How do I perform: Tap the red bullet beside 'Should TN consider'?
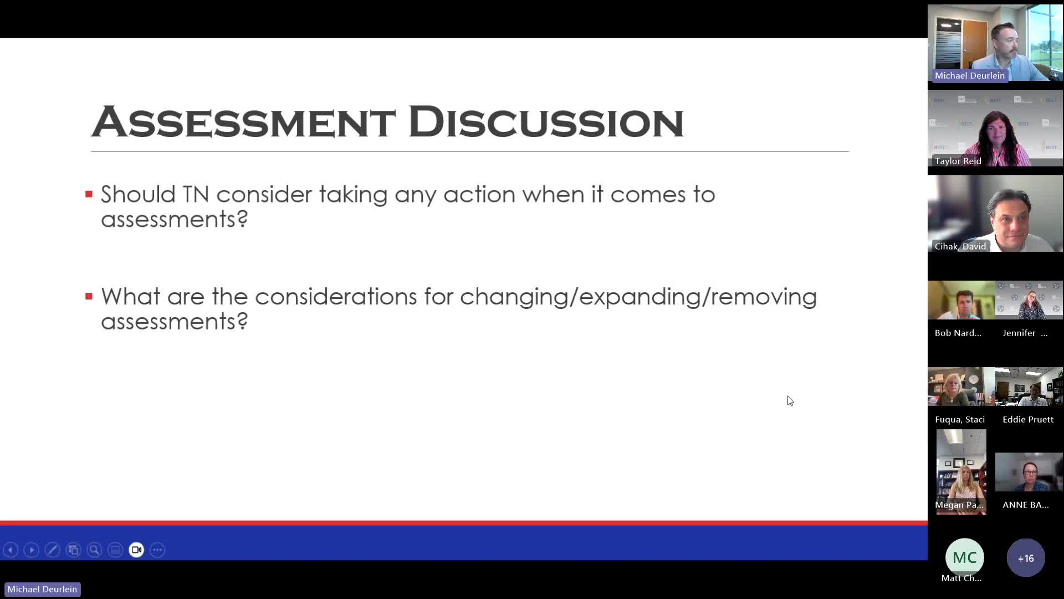tap(89, 194)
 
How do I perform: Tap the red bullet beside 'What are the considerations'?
tap(89, 296)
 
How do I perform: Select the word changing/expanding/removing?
tap(638, 297)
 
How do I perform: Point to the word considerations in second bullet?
tap(336, 297)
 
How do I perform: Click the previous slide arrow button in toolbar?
tap(11, 550)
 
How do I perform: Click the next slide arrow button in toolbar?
tap(32, 550)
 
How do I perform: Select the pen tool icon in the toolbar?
tap(53, 550)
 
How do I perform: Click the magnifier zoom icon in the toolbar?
tap(94, 550)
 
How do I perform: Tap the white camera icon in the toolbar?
tap(136, 550)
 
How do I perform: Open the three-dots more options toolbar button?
tap(157, 550)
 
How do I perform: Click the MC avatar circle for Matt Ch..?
tap(965, 557)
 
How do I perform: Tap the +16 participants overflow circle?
tap(1026, 558)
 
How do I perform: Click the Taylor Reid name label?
tap(958, 161)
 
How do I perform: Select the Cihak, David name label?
tap(960, 246)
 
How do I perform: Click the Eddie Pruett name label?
tap(1028, 419)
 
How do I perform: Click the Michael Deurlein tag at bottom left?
tap(42, 589)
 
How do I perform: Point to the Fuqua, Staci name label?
tap(960, 419)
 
